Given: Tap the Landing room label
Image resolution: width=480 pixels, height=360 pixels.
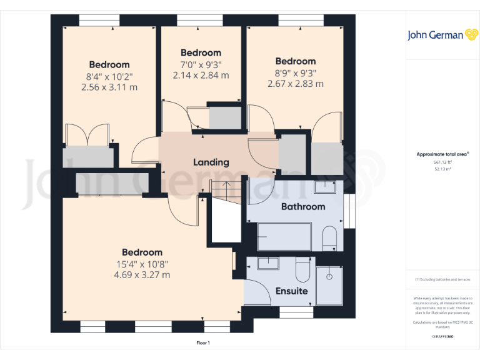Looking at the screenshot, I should pyautogui.click(x=211, y=162).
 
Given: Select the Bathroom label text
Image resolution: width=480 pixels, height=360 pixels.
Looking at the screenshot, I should pyautogui.click(x=303, y=206).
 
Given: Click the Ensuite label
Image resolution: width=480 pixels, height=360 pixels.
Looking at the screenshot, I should pyautogui.click(x=292, y=291).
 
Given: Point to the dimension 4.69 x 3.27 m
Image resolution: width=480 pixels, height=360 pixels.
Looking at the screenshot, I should pyautogui.click(x=142, y=275).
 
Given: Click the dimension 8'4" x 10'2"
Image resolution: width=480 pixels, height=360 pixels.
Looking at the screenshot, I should pyautogui.click(x=109, y=76).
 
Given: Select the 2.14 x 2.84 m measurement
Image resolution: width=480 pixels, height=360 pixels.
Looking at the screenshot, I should pyautogui.click(x=201, y=75).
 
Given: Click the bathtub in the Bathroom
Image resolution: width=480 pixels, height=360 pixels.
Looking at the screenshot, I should pyautogui.click(x=284, y=237).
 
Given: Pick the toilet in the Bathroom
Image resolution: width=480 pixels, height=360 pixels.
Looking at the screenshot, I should pyautogui.click(x=330, y=237).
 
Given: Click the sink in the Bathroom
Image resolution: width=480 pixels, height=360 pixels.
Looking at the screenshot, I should pyautogui.click(x=325, y=186).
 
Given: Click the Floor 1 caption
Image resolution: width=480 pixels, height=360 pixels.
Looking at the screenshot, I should pyautogui.click(x=203, y=343).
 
